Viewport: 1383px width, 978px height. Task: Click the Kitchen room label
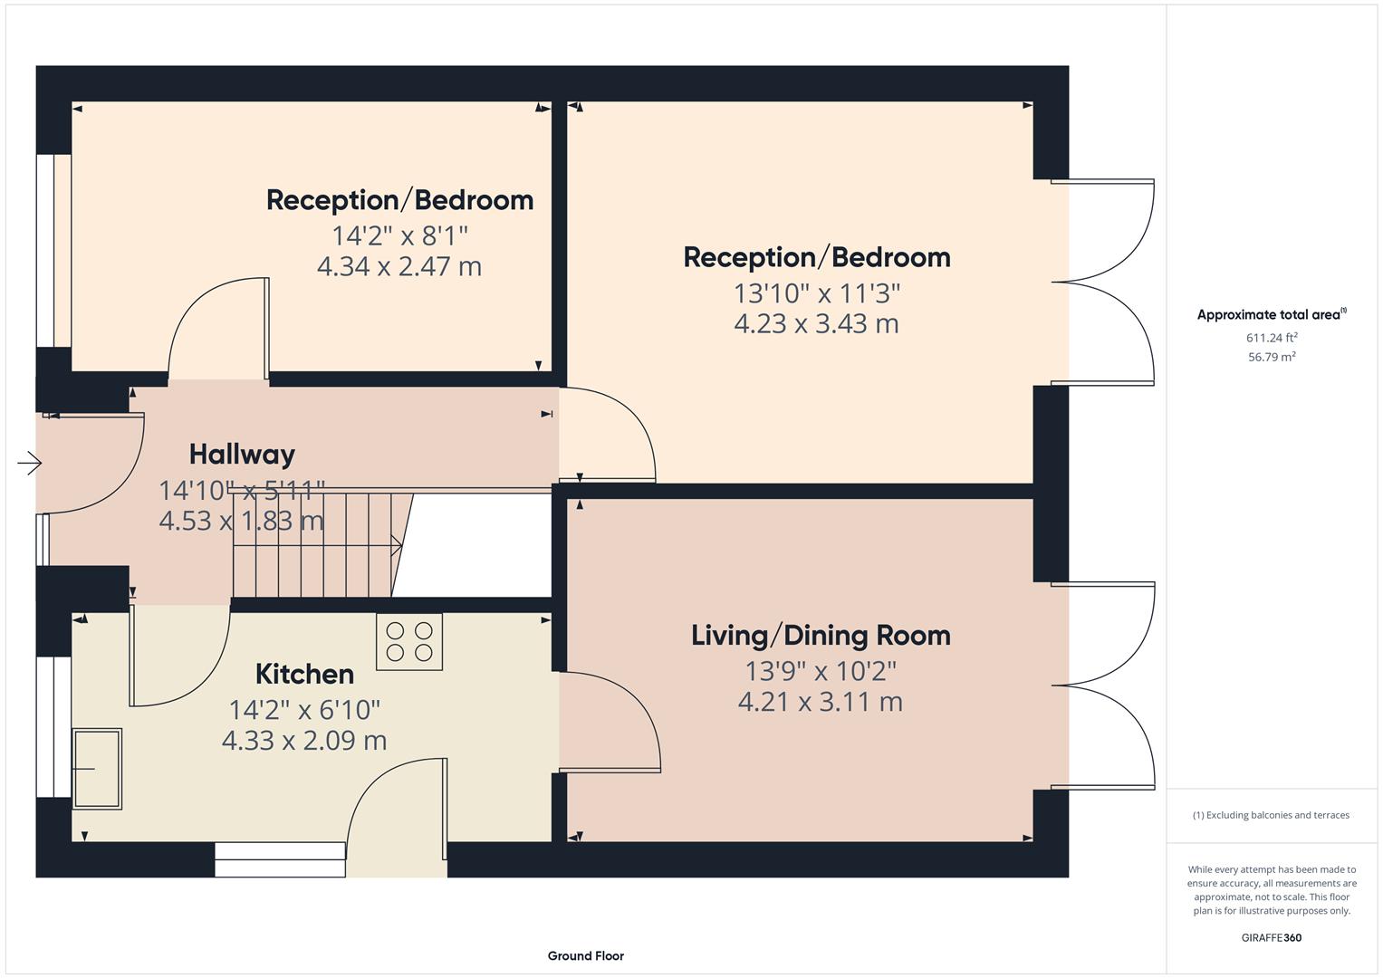(304, 674)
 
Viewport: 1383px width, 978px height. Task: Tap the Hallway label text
(242, 454)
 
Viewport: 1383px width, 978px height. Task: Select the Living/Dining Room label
(821, 635)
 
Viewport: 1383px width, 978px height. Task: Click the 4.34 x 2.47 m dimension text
(399, 266)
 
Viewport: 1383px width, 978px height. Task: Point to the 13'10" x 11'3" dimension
(816, 293)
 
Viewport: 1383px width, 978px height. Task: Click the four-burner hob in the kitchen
(409, 641)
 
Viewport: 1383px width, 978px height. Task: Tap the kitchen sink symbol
(97, 768)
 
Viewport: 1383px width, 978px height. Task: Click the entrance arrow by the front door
(30, 464)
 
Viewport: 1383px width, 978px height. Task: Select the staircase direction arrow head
(397, 545)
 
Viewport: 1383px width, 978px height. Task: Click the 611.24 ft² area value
(1272, 338)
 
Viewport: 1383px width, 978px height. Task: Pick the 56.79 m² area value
(1272, 357)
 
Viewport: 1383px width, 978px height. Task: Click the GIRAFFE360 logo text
(1271, 937)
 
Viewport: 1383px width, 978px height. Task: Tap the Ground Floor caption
(585, 955)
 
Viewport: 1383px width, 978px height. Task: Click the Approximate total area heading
(1270, 315)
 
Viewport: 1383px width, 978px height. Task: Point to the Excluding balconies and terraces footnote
(1271, 815)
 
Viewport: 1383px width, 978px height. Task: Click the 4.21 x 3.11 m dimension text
(820, 702)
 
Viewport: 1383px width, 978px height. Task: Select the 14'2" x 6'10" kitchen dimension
(304, 709)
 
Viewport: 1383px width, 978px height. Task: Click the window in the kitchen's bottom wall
(280, 858)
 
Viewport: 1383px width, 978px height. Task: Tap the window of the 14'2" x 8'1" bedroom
(53, 251)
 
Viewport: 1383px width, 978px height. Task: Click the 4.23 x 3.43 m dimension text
(816, 323)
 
